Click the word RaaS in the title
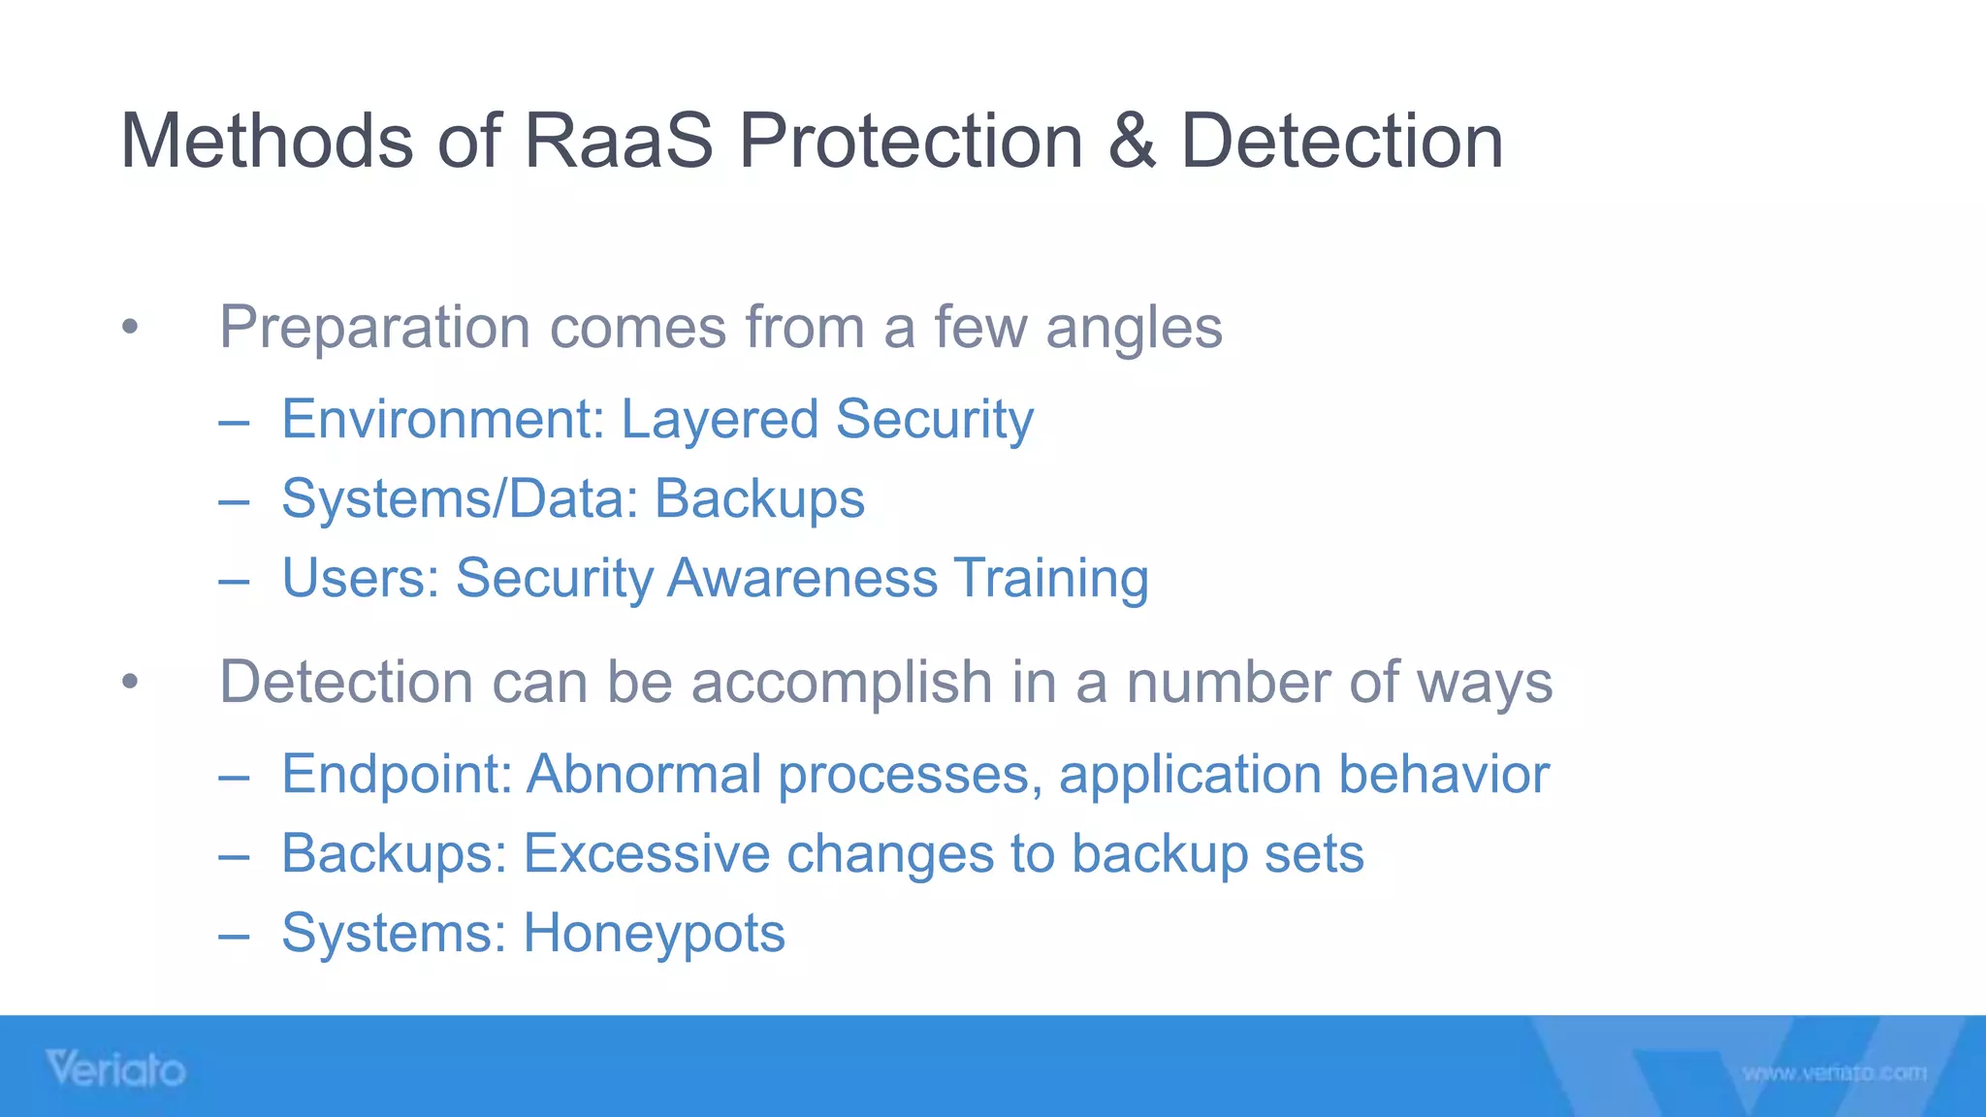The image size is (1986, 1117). (x=618, y=142)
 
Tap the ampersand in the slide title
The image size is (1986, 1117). (x=1131, y=142)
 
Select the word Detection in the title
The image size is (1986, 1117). (x=1341, y=142)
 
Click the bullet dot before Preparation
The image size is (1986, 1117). (x=131, y=327)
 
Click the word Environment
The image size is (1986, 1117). (x=442, y=420)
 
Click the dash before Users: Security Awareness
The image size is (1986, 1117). (x=234, y=581)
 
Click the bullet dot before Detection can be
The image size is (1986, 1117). (x=131, y=682)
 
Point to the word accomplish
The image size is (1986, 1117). (x=841, y=683)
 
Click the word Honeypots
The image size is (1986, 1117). (x=654, y=934)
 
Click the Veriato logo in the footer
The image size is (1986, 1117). (x=115, y=1069)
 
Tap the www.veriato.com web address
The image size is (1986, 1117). (x=1834, y=1072)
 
